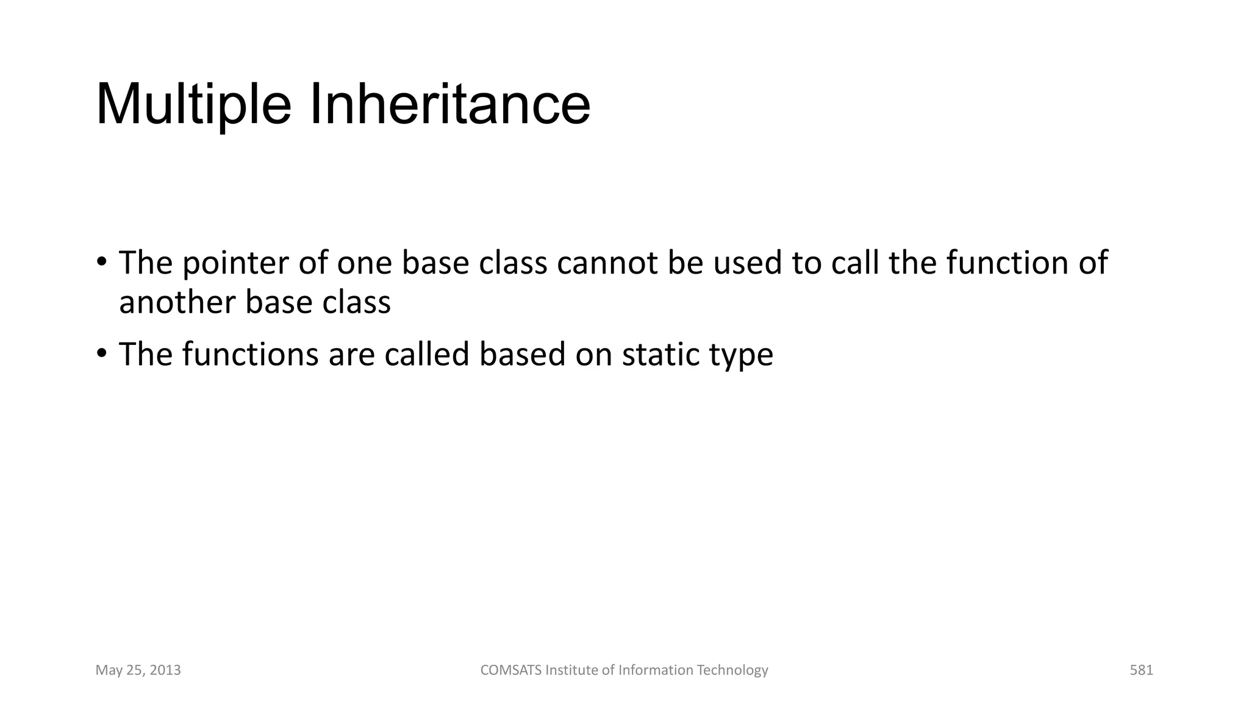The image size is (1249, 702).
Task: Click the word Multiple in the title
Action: click(x=193, y=105)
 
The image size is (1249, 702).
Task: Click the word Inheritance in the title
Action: click(x=450, y=105)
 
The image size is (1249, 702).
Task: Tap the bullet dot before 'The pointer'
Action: click(x=101, y=263)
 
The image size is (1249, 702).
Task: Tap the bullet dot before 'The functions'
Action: click(x=101, y=353)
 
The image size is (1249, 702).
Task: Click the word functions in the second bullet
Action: click(x=250, y=355)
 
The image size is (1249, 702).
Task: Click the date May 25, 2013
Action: click(x=138, y=670)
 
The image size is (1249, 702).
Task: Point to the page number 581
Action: click(x=1141, y=670)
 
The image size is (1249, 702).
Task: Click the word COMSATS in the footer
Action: click(x=510, y=670)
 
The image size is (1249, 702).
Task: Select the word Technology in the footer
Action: click(x=732, y=670)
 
